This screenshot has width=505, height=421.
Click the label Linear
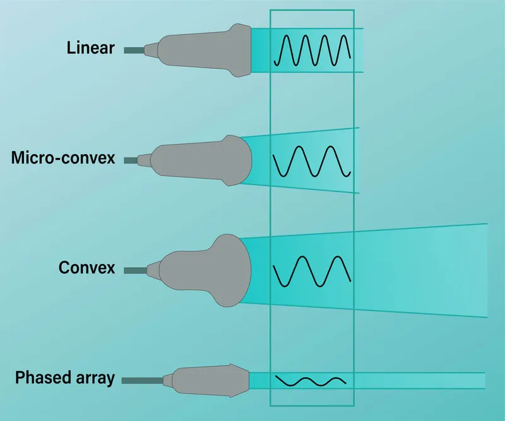tap(90, 48)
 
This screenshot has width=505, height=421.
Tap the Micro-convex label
tap(63, 158)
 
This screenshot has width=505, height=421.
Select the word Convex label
tap(87, 268)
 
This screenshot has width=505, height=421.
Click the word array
tap(93, 378)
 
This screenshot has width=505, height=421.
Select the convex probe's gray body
tap(196, 270)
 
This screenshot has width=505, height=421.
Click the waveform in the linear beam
tap(312, 50)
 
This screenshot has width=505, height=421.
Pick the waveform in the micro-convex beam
tap(312, 162)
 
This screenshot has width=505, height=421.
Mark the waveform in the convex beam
tap(312, 270)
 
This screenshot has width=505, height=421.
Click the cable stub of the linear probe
tap(134, 50)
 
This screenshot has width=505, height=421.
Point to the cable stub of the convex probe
tap(135, 270)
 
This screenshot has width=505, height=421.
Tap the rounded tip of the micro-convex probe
tap(242, 162)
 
